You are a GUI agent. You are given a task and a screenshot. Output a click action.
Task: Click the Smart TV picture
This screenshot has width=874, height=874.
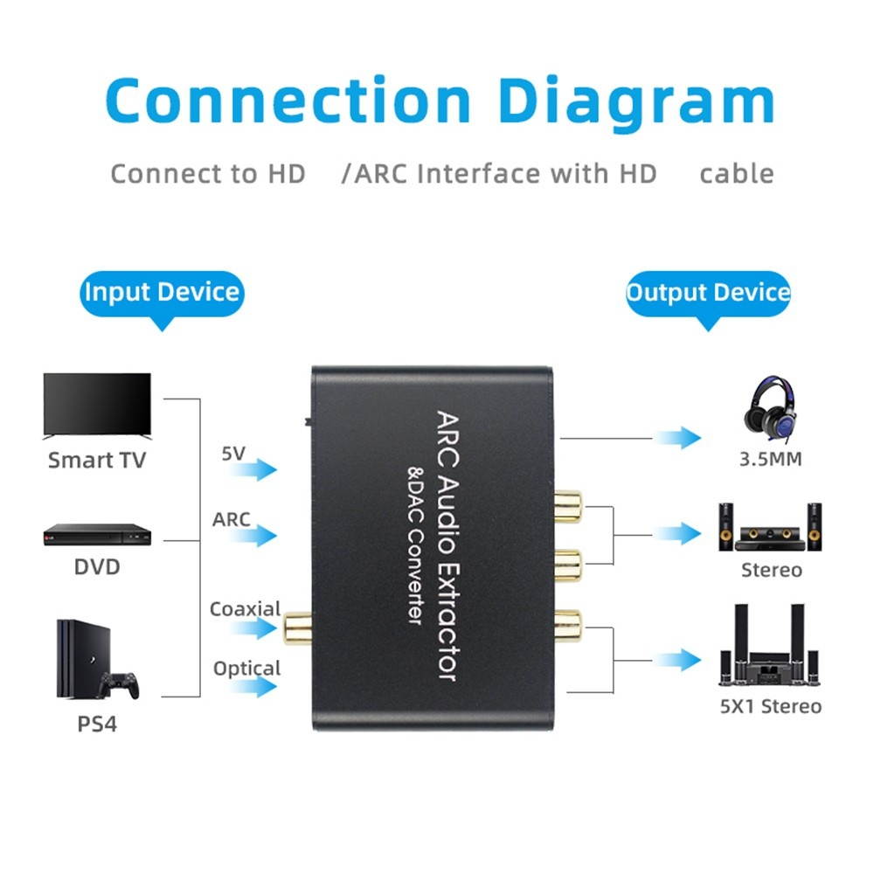coord(97,405)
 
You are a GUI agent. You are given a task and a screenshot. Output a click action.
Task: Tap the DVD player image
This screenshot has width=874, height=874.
coord(97,534)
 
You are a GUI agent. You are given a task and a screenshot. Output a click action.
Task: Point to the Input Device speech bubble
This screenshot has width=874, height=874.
coord(162,292)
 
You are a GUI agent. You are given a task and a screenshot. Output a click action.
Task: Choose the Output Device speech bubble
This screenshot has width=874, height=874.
coord(708,292)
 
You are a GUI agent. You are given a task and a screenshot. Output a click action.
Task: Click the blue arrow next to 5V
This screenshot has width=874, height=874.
coord(254,470)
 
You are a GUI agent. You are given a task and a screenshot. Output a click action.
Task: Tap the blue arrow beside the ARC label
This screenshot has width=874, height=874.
coord(254,536)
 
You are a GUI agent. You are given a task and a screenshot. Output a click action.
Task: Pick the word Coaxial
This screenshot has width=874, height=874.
coord(245,608)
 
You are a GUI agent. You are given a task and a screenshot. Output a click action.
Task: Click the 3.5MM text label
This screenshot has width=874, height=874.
coord(770,459)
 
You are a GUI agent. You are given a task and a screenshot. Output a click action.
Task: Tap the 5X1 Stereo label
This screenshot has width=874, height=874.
coord(770,706)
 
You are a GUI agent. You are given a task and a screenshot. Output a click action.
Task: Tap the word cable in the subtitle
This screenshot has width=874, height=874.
coord(736,173)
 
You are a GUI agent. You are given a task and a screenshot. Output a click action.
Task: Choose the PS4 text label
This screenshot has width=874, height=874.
coord(97,725)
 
